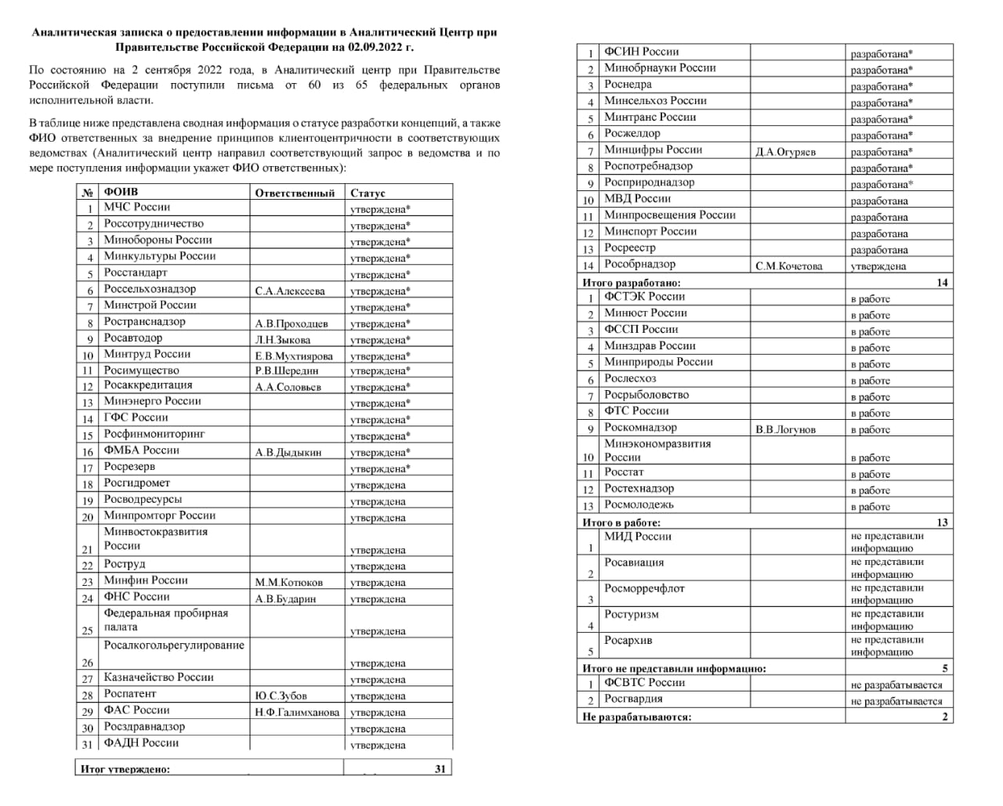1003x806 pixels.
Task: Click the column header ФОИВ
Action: click(121, 192)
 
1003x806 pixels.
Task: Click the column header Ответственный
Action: click(295, 193)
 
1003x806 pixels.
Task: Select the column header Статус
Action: click(368, 193)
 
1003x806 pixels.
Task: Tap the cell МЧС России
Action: click(137, 208)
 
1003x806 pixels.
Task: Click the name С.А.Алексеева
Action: click(290, 291)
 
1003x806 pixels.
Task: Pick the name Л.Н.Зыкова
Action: click(283, 340)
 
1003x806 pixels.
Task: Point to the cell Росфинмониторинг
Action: click(154, 434)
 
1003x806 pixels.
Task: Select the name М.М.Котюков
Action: click(288, 582)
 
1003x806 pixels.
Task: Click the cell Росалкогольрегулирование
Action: click(174, 646)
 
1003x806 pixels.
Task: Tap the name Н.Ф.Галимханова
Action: click(297, 712)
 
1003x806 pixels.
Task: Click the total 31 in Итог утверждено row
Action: click(440, 769)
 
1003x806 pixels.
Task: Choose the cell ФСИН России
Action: click(641, 52)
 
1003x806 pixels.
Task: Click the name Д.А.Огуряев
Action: click(785, 152)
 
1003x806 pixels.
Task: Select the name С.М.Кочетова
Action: click(789, 266)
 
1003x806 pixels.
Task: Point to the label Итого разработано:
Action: click(632, 283)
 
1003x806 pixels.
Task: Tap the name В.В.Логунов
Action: click(785, 429)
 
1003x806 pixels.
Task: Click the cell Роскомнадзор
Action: click(640, 428)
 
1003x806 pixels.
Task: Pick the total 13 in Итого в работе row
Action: click(941, 522)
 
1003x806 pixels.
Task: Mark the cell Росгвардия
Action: click(633, 699)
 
